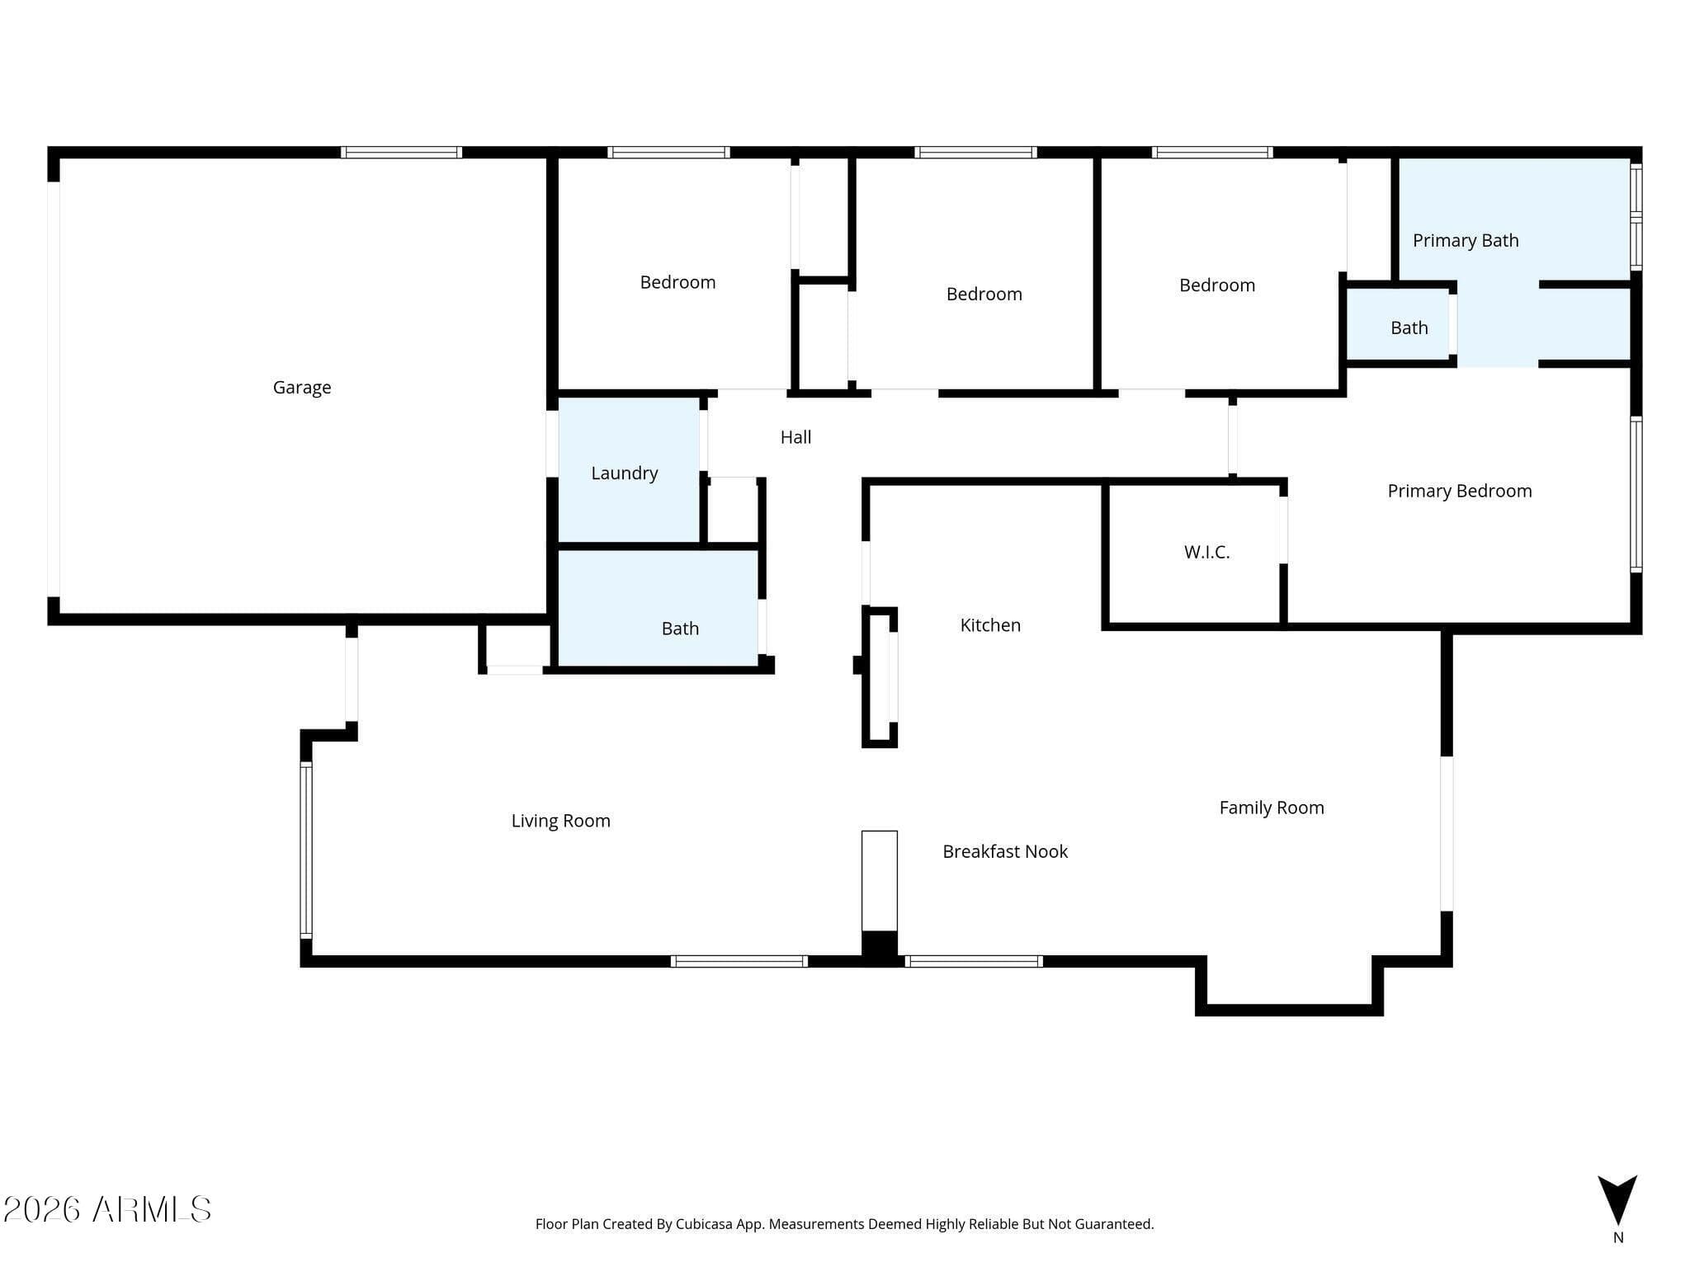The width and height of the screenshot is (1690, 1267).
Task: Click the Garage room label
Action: tap(302, 388)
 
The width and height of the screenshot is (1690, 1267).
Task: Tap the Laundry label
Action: tap(625, 473)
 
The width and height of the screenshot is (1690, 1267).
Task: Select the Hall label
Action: tap(796, 437)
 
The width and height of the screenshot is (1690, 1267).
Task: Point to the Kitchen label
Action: tap(990, 625)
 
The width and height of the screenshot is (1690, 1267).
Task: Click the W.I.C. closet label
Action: tap(1207, 553)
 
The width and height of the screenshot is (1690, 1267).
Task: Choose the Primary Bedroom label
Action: tap(1460, 492)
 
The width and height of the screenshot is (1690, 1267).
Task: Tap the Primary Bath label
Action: tap(1466, 241)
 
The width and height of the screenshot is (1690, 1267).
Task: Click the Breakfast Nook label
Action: tap(1005, 851)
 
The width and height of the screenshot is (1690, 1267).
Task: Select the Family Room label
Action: tap(1272, 808)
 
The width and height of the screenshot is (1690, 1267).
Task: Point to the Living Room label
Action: tap(561, 821)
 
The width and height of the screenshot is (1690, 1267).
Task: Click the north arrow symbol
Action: tap(1617, 1199)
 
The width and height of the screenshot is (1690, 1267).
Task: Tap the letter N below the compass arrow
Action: tap(1618, 1237)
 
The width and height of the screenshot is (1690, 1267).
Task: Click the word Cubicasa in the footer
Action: tap(707, 1224)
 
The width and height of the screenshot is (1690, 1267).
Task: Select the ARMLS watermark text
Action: tap(107, 1209)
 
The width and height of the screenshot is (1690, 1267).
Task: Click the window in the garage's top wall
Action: tap(401, 153)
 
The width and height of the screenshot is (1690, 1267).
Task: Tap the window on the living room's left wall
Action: tap(306, 850)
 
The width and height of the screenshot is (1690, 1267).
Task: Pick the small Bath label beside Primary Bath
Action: tap(1409, 328)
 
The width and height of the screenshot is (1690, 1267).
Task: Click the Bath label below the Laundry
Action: tap(680, 629)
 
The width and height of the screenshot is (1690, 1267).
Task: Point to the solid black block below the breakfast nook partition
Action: tap(880, 945)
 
